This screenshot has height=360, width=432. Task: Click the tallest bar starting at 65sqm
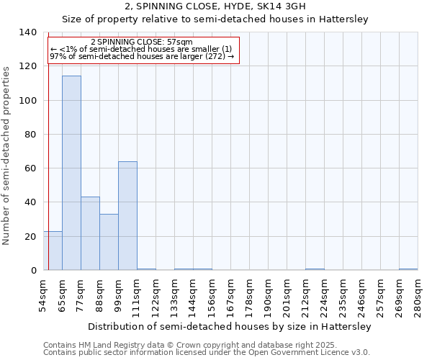tap(71, 173)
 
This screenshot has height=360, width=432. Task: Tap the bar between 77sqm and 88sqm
tap(90, 233)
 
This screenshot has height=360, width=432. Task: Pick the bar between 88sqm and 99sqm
tap(109, 242)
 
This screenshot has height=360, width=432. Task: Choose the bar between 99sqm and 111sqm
tap(127, 216)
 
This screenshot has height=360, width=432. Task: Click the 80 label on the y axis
tap(31, 135)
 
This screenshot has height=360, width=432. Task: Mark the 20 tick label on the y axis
tap(31, 237)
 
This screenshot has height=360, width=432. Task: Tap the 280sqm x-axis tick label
tap(418, 297)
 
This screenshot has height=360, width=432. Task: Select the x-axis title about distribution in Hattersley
tap(230, 326)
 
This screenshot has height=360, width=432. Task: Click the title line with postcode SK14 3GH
tap(215, 6)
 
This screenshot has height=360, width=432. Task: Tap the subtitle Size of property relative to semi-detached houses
tap(215, 19)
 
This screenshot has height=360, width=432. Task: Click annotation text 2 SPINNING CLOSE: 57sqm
tap(142, 42)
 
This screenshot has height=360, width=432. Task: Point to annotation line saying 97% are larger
tap(142, 56)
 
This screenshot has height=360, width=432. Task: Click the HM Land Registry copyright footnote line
tap(190, 346)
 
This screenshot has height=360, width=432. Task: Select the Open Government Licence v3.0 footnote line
tap(207, 353)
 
